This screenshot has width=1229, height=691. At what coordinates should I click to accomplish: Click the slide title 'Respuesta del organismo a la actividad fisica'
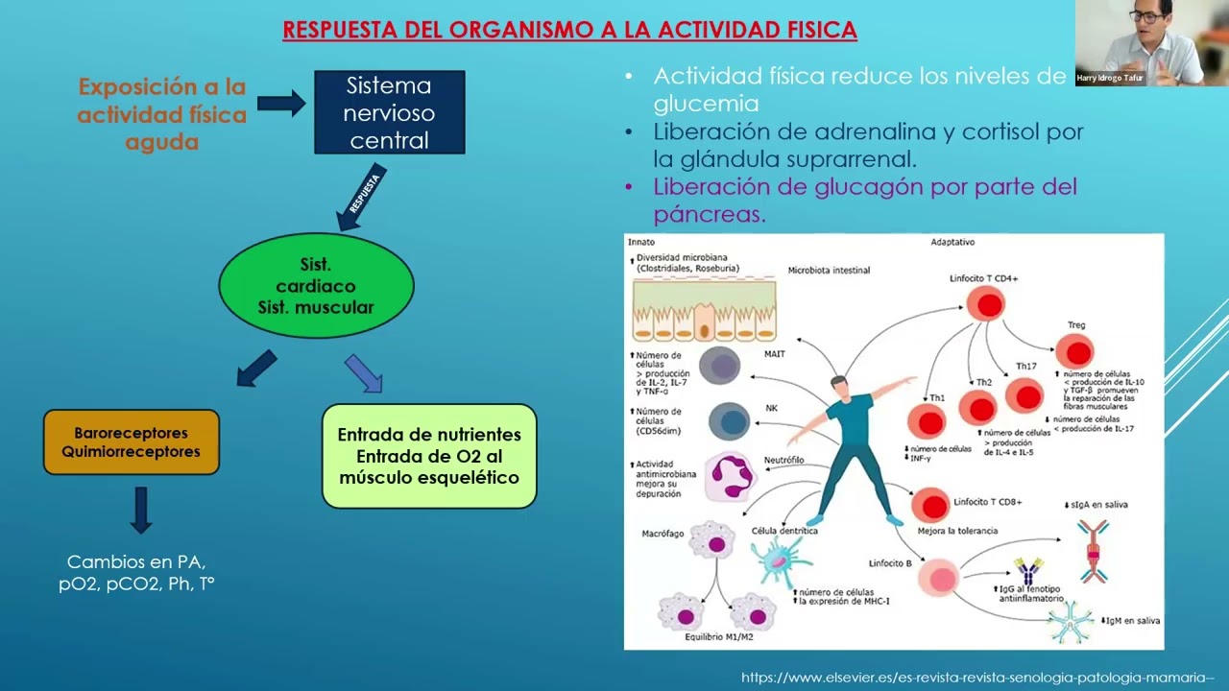569,30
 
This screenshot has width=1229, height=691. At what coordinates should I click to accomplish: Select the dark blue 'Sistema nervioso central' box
389,112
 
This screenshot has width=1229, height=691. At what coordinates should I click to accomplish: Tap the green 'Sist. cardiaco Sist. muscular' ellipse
316,286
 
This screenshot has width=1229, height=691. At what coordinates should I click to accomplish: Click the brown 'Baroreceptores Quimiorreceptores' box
132,442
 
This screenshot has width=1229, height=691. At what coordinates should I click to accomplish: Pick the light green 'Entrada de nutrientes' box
429,456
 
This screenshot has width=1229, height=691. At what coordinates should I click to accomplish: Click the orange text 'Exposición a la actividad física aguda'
162,114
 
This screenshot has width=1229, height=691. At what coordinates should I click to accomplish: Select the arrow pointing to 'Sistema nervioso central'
280,103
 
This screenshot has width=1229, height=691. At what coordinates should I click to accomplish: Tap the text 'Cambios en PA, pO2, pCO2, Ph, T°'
136,572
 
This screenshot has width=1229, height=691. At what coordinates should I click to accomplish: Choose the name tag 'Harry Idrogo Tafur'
1110,78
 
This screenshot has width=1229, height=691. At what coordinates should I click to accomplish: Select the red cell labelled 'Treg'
1074,351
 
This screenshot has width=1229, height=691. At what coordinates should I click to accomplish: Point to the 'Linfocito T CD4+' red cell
985,304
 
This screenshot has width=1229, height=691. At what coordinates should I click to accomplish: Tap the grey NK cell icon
730,420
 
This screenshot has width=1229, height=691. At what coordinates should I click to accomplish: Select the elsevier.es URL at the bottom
977,678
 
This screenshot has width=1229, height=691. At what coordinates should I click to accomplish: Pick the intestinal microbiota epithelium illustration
704,311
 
